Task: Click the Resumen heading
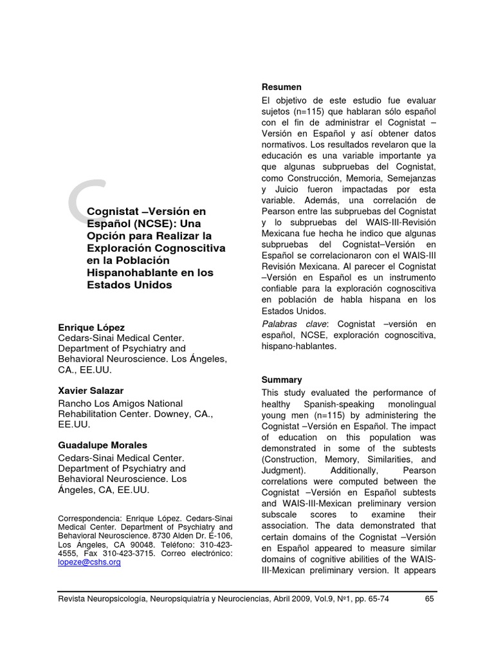click(281, 87)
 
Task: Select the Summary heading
click(282, 380)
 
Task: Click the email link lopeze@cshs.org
click(89, 562)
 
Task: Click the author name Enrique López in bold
click(91, 327)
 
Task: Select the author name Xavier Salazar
click(91, 391)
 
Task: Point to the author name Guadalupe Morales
click(102, 445)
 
